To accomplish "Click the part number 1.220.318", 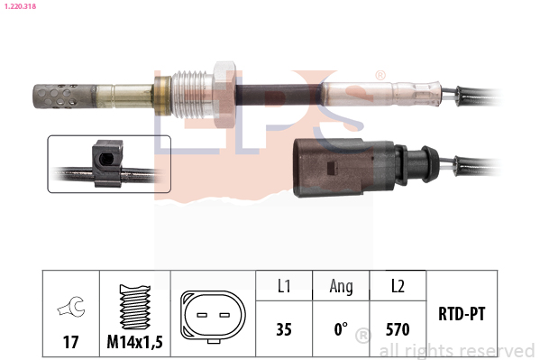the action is click(20, 6).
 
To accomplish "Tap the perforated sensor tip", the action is click(64, 96).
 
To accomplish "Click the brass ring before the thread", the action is click(162, 96).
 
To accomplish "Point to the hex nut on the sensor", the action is click(224, 94).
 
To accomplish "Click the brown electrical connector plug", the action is click(344, 168).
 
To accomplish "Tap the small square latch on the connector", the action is click(332, 168).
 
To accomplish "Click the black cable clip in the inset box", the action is click(107, 163).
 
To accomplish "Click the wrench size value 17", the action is click(70, 342).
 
